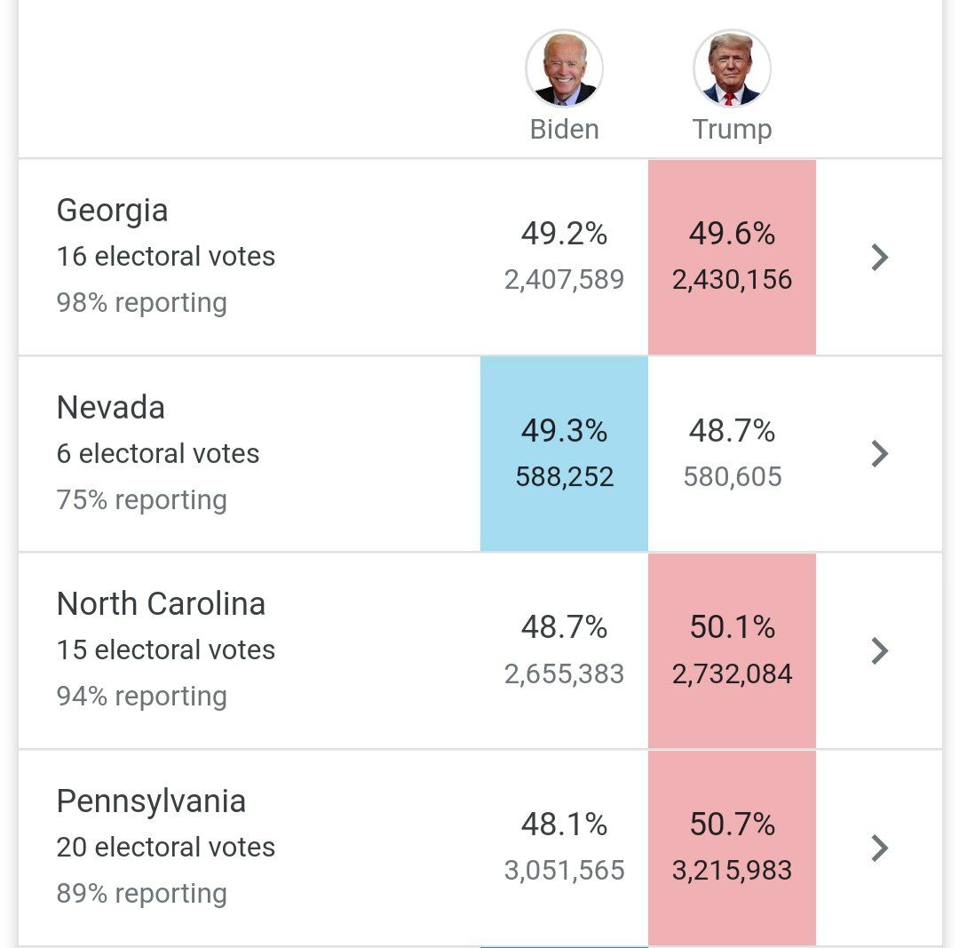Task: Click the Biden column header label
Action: (x=564, y=130)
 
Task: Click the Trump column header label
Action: (x=732, y=130)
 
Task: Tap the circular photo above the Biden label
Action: (x=564, y=69)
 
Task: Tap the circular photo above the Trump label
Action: (x=732, y=69)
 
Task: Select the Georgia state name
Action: (x=112, y=211)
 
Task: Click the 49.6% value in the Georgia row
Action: (x=732, y=234)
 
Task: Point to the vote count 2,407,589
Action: (x=564, y=280)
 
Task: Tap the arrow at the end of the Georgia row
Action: (x=879, y=257)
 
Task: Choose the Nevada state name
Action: (x=111, y=408)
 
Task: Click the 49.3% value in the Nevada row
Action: (x=564, y=431)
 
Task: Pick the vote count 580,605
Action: (x=732, y=477)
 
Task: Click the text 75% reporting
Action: (x=142, y=500)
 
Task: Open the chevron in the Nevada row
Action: (x=879, y=454)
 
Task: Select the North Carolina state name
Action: (x=161, y=604)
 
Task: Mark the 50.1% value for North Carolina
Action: (x=732, y=627)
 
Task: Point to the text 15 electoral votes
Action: (x=166, y=650)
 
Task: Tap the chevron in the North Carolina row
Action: (x=879, y=650)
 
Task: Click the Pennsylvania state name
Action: (x=151, y=801)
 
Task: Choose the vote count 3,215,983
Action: (x=732, y=871)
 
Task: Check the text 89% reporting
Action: (x=142, y=894)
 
